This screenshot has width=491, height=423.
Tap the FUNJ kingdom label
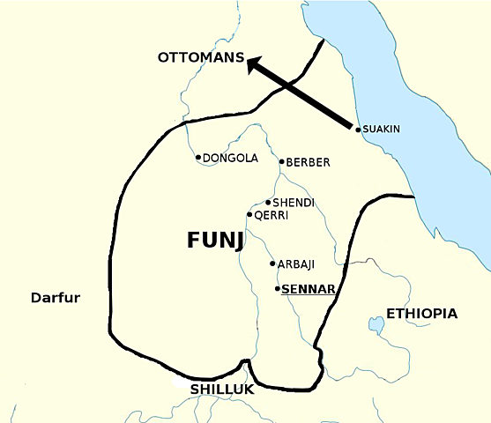click(215, 241)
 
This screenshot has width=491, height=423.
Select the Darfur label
click(55, 298)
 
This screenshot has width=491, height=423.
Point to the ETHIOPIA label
click(421, 313)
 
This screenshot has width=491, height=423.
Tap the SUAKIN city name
click(382, 130)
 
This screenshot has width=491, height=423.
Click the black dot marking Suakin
click(358, 130)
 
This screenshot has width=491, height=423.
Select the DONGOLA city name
click(230, 159)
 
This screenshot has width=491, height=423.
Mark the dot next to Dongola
click(198, 158)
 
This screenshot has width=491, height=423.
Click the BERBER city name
click(308, 162)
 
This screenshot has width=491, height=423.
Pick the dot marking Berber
click(281, 161)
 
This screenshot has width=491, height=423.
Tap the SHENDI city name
click(294, 204)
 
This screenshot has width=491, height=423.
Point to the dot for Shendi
click(268, 203)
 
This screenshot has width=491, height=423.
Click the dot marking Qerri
click(250, 214)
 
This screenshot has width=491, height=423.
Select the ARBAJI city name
click(296, 264)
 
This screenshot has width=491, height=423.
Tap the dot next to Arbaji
click(272, 263)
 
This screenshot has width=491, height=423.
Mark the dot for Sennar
click(278, 288)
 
